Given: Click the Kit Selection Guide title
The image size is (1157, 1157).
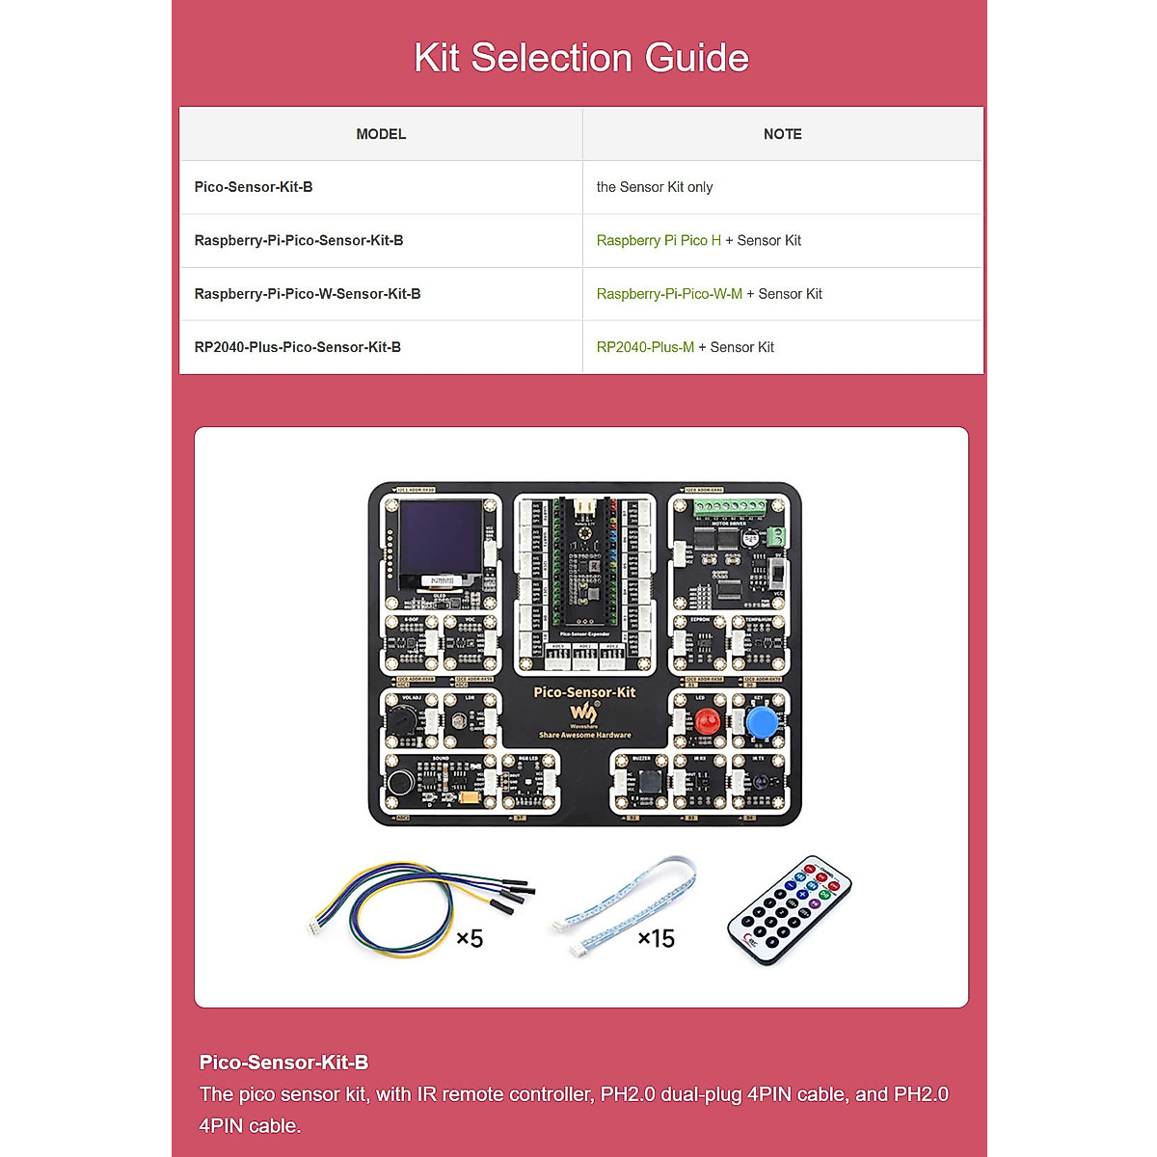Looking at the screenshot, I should pos(580,58).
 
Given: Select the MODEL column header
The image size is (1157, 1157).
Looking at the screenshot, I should pos(381,134).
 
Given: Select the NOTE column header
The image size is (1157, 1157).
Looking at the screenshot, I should pos(782,134).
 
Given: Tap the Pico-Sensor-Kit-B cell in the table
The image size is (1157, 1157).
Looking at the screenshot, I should pos(254,187).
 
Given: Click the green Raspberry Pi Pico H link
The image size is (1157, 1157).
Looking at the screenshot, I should pos(659,240).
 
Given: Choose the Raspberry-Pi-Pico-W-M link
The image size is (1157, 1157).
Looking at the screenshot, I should pos(669,294).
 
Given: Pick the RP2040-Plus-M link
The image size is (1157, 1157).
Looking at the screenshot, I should pos(645,347).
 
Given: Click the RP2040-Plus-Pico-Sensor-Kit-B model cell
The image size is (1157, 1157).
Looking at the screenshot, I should pos(298,347).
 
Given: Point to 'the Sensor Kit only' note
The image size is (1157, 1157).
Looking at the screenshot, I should pos(655,187).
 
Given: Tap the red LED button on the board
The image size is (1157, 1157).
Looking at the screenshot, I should pos(708,722).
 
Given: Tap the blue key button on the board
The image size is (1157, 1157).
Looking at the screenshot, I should pos(762,722).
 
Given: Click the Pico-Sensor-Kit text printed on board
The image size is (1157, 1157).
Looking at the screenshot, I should pos(584,691).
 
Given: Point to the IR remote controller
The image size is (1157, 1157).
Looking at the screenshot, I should pos(790,909).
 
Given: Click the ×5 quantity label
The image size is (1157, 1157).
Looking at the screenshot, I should pos(470,938).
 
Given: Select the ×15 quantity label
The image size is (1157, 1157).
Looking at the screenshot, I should pos(656,938).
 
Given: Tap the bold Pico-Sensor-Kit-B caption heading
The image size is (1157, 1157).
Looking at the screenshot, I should pos(283,1063).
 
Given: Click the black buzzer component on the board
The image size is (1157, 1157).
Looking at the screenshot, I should pos(652,782).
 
